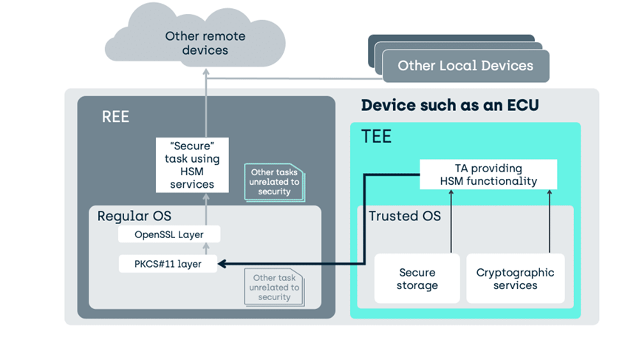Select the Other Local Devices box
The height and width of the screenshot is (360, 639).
click(466, 66)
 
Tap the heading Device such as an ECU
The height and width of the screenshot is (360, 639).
click(450, 105)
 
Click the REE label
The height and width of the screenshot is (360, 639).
click(115, 117)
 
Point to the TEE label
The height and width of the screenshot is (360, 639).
click(376, 136)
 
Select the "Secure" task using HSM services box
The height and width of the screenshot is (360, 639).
click(192, 165)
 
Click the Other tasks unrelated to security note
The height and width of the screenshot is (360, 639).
click(274, 182)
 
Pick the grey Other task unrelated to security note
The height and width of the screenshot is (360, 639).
click(274, 287)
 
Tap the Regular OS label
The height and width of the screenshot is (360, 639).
click(134, 216)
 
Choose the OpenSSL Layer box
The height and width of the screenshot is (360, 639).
click(169, 234)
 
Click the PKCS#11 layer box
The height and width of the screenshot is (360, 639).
click(168, 264)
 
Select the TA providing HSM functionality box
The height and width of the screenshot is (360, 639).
click(488, 174)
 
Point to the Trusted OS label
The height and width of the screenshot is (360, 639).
click(405, 216)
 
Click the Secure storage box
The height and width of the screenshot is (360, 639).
click(417, 279)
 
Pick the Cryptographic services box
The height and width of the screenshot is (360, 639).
click(516, 279)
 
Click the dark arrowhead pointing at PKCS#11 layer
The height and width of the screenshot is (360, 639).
click(222, 264)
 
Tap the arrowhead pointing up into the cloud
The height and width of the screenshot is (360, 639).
click(206, 72)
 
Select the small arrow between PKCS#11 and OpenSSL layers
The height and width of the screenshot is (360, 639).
click(206, 248)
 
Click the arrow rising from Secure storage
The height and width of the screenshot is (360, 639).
click(451, 221)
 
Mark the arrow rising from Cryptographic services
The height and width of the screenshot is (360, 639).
click(550, 221)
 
